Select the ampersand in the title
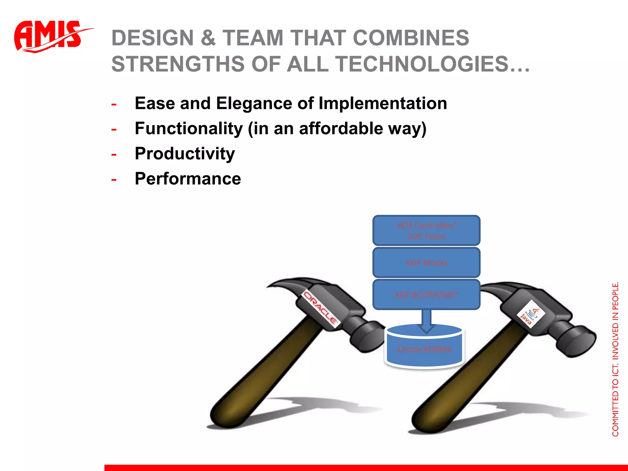pos(208,38)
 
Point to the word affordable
pos(341,128)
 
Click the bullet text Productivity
pos(185,154)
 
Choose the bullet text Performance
pos(188,179)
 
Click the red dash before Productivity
pos(114,154)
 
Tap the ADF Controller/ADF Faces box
pos(426,231)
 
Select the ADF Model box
pos(426,263)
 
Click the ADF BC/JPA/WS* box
pos(426,295)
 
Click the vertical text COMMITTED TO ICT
pos(615,399)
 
